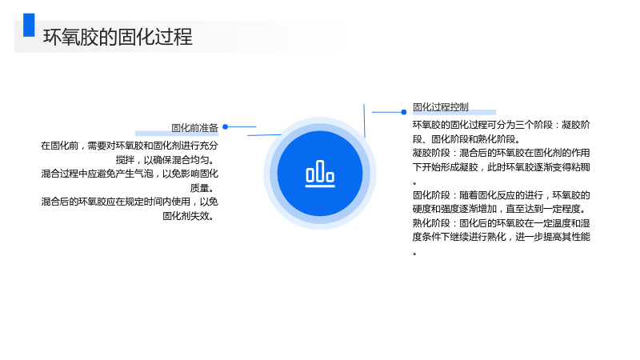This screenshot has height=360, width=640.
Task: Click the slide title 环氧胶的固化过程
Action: pyautogui.click(x=118, y=37)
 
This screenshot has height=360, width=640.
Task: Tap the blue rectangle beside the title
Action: pyautogui.click(x=29, y=25)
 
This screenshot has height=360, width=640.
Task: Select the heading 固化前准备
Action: pyautogui.click(x=194, y=128)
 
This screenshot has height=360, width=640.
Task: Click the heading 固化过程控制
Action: pyautogui.click(x=441, y=107)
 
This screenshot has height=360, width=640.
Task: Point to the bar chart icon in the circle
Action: pyautogui.click(x=320, y=174)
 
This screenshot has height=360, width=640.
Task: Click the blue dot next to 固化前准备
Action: pyautogui.click(x=226, y=127)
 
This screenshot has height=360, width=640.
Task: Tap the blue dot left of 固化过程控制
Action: pyautogui.click(x=404, y=112)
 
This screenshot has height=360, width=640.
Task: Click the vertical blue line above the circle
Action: pyautogui.click(x=364, y=121)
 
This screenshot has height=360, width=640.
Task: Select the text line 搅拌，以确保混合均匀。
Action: pyautogui.click(x=165, y=159)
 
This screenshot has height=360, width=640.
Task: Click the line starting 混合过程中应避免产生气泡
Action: pyautogui.click(x=130, y=174)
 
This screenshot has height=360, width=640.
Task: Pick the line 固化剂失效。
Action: pyautogui.click(x=189, y=216)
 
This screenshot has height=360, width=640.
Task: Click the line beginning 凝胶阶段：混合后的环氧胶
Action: pyautogui.click(x=502, y=153)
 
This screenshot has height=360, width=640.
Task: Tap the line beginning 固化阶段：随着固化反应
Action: pyautogui.click(x=502, y=195)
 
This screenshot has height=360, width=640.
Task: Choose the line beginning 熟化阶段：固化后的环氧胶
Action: pyautogui.click(x=502, y=223)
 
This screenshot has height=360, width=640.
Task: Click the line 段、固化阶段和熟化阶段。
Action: pyautogui.click(x=466, y=139)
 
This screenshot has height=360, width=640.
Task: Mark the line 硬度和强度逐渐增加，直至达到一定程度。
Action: pyautogui.click(x=499, y=209)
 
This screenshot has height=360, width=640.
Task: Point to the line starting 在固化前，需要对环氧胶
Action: pyautogui.click(x=130, y=146)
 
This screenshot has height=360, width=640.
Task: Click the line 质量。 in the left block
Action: pyautogui.click(x=202, y=188)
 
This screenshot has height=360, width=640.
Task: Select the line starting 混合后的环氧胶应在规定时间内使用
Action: pyautogui.click(x=130, y=202)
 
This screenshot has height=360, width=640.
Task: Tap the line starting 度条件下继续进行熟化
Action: pyautogui.click(x=502, y=237)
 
